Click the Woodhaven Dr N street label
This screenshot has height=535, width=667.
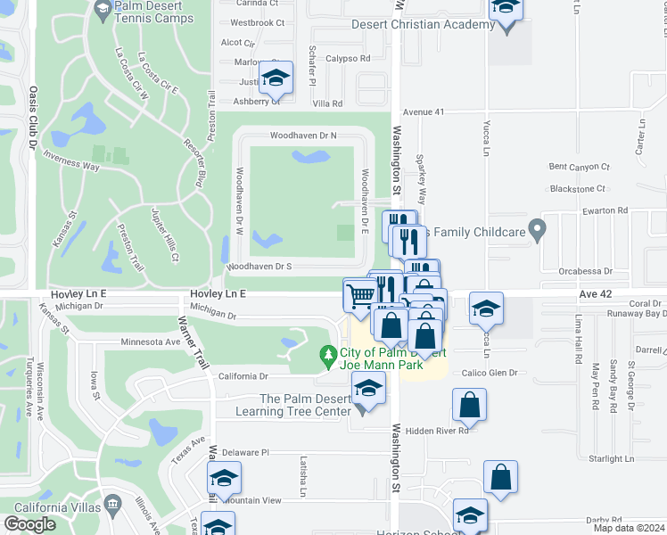(x=304, y=136)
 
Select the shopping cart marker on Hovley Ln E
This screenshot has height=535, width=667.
(x=360, y=294)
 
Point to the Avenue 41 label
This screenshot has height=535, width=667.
(x=423, y=112)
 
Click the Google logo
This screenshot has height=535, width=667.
(x=29, y=523)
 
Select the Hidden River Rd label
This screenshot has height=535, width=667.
(x=436, y=431)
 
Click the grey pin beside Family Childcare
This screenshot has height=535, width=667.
(x=537, y=230)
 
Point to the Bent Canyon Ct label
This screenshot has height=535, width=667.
(x=579, y=167)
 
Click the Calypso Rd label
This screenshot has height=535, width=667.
(x=348, y=59)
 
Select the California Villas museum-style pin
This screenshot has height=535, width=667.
(x=113, y=506)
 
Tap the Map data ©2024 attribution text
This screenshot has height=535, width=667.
(x=629, y=528)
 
